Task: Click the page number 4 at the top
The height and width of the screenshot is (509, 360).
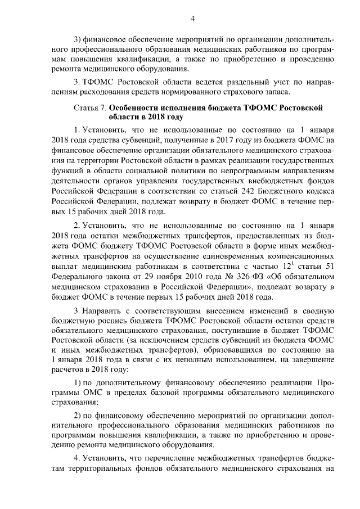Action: pyautogui.click(x=192, y=18)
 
